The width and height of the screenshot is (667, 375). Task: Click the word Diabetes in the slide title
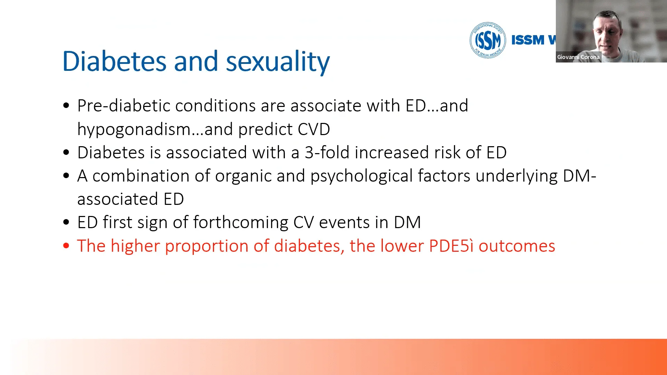(x=114, y=61)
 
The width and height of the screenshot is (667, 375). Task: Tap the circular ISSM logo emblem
(x=488, y=40)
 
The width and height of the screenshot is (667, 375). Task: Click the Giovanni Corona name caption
(x=578, y=57)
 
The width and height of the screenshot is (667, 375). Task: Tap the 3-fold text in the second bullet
(x=327, y=152)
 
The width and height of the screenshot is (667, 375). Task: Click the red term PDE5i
(x=451, y=246)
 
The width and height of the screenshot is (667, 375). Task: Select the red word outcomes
(x=517, y=246)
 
